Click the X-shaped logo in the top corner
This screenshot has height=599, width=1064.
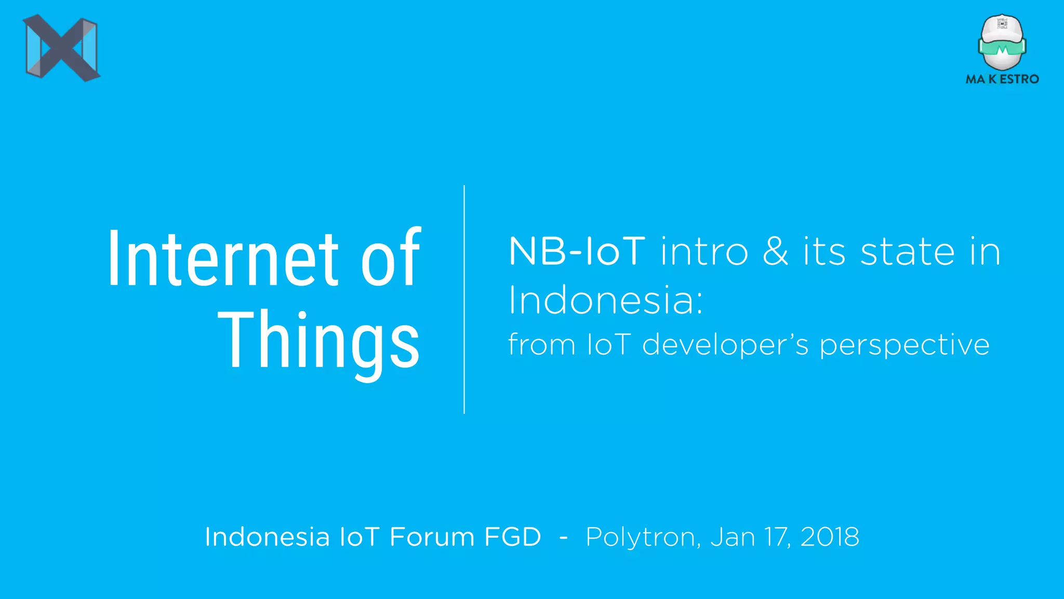(x=61, y=48)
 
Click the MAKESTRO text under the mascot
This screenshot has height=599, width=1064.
(x=1002, y=79)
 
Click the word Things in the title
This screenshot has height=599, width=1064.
(x=318, y=341)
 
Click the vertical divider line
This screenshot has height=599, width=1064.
(x=464, y=299)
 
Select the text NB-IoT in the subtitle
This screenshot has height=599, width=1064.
(x=577, y=252)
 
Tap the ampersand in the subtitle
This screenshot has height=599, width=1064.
(x=776, y=252)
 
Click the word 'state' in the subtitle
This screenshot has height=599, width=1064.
(x=907, y=252)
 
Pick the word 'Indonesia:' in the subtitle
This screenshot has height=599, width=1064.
(x=606, y=301)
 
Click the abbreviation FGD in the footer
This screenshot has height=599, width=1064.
(x=513, y=537)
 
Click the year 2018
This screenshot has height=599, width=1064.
(x=830, y=537)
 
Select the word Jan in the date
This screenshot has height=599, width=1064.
(x=733, y=537)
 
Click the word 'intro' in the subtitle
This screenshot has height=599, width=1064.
(x=704, y=252)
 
